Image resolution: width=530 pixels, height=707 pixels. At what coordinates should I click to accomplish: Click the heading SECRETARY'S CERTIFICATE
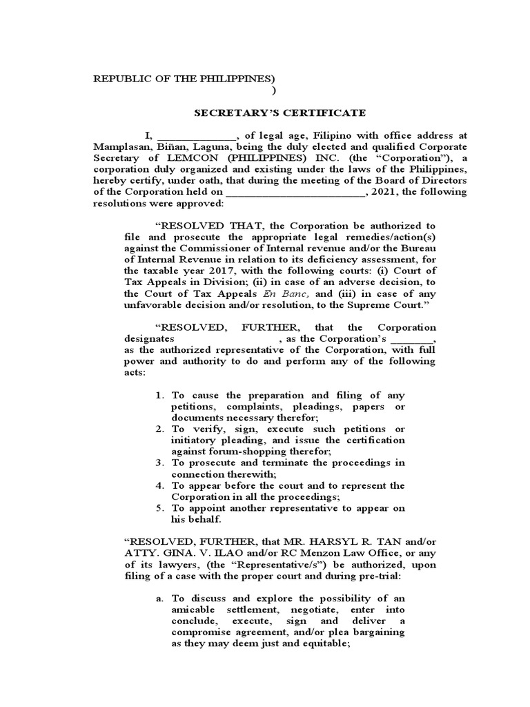[x=279, y=113]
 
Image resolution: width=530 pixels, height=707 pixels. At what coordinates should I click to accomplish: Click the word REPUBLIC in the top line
[x=118, y=78]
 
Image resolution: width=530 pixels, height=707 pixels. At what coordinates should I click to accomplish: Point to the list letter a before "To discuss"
[x=159, y=599]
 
